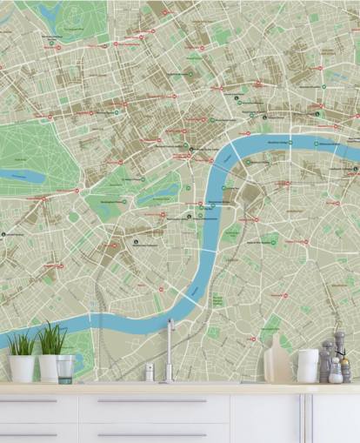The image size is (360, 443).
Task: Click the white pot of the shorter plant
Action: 22,368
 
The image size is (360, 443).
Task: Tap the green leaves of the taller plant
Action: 51,338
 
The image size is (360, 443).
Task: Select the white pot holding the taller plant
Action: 49,367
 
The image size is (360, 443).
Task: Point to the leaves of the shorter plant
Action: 21,345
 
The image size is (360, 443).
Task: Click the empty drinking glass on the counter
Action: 65,369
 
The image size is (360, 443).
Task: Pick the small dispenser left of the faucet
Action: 150,372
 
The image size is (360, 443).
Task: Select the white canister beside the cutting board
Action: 307,366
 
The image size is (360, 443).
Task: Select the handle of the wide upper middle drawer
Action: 152,401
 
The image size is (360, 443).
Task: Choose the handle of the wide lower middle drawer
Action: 152,434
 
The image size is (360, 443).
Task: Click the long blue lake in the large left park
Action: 22,175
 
